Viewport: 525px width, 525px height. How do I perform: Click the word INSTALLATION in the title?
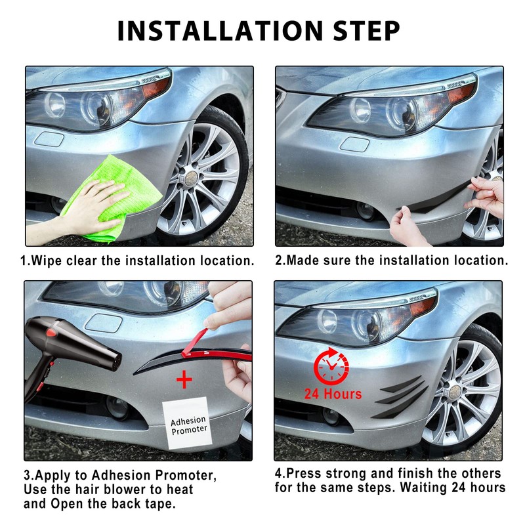220,31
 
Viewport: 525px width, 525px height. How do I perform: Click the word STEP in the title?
366,31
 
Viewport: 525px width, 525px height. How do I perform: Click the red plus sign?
184,380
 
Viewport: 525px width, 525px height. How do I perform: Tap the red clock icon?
331,366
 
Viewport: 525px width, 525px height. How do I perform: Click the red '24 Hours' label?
333,394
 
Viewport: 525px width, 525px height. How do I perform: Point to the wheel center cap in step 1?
192,177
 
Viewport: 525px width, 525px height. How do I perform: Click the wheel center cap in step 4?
455,391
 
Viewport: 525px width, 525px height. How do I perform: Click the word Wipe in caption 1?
47,261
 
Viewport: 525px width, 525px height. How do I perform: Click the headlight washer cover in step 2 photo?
354,144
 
